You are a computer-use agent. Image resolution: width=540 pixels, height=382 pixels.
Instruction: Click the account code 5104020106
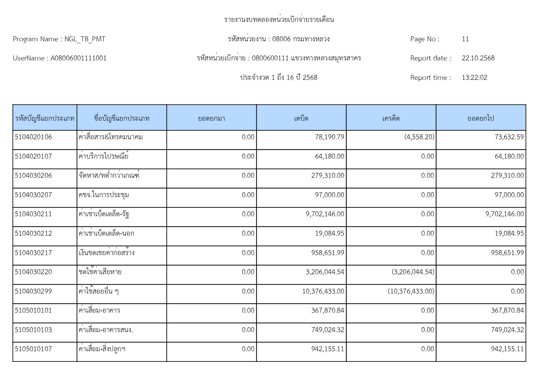tap(33, 137)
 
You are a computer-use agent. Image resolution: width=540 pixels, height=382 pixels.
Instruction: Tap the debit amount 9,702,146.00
tap(325, 214)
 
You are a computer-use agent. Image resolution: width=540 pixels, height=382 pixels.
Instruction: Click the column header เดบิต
tap(301, 118)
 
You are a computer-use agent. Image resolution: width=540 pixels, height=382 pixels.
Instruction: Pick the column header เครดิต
tap(391, 118)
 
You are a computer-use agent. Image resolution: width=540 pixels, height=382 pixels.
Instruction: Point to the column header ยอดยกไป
tap(481, 118)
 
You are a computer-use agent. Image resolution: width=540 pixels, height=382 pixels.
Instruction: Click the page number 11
tap(465, 39)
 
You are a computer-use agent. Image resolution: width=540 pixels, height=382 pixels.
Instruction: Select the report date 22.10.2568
tap(478, 58)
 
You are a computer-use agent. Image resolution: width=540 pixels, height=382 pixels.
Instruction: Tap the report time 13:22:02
tap(474, 78)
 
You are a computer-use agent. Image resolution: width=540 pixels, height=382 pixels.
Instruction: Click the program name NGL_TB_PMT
tap(85, 39)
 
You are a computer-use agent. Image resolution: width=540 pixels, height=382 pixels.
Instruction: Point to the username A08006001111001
tap(78, 58)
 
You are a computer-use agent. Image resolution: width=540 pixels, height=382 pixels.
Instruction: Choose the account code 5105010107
tap(33, 349)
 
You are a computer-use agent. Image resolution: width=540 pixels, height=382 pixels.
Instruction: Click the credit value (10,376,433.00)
tap(411, 291)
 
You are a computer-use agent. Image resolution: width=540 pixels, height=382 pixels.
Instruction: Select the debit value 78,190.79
tap(330, 137)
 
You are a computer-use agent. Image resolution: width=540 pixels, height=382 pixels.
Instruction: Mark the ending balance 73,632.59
tap(509, 137)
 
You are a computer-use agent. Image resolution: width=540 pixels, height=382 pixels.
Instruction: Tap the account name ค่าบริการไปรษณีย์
tap(103, 156)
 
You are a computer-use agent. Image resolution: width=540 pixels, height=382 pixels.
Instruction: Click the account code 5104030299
tap(33, 291)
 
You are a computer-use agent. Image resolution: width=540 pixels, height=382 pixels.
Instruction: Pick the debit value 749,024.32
tap(328, 330)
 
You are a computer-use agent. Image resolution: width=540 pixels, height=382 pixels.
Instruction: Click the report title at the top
tap(279, 20)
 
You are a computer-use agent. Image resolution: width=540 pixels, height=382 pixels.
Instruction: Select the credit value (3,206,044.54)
tap(413, 272)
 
